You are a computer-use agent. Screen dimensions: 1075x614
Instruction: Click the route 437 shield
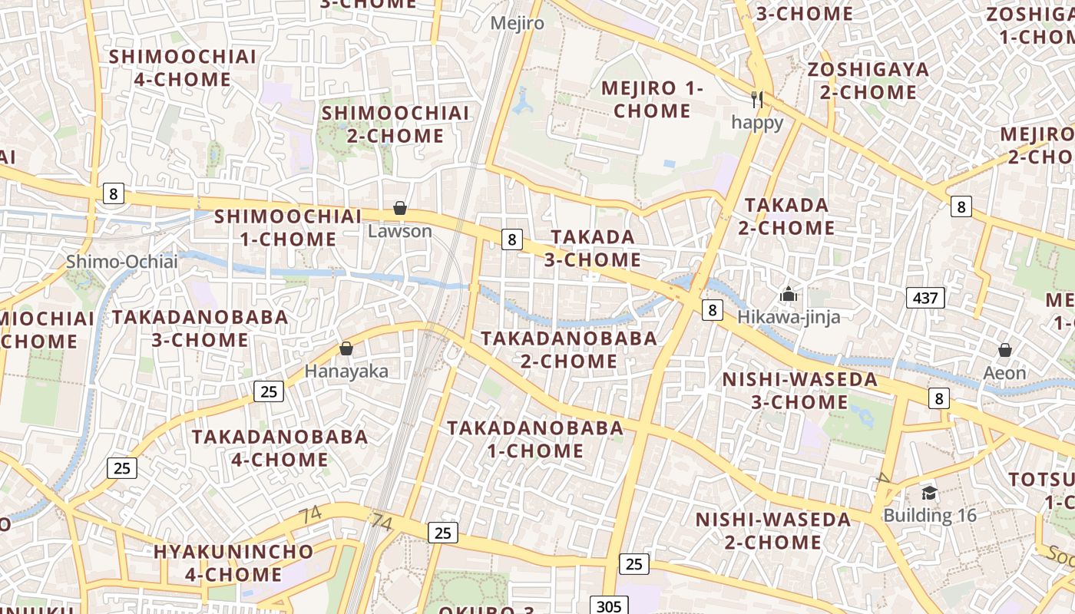(925, 298)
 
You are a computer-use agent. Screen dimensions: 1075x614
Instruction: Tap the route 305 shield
(608, 606)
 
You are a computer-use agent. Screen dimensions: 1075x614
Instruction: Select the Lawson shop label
(400, 230)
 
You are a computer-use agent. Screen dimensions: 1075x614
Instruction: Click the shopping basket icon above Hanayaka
(346, 349)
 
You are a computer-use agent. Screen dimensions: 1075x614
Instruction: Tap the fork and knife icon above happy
(758, 99)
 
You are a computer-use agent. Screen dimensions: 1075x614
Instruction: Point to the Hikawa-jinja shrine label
(789, 317)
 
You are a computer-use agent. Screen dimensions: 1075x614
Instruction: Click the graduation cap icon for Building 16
(929, 493)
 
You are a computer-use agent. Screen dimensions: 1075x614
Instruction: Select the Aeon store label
(1005, 373)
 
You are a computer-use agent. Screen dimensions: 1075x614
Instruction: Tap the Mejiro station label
(518, 23)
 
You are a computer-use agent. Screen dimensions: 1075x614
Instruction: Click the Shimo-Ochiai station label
(121, 262)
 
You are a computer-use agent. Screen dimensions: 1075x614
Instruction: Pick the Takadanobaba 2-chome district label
(569, 349)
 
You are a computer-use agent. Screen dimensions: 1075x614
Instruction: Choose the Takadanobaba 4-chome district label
(280, 448)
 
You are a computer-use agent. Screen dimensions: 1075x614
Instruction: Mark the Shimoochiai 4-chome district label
(183, 68)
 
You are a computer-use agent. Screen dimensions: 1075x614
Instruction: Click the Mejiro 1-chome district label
(652, 99)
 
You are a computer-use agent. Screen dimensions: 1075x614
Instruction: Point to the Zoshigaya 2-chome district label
(868, 81)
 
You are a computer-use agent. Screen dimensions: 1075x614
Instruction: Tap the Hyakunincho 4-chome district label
(233, 563)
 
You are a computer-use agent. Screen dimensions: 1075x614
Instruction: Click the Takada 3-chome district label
(593, 248)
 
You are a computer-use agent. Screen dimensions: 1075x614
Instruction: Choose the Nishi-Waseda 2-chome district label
(773, 530)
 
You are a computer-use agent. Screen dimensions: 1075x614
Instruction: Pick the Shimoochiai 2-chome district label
(395, 124)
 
